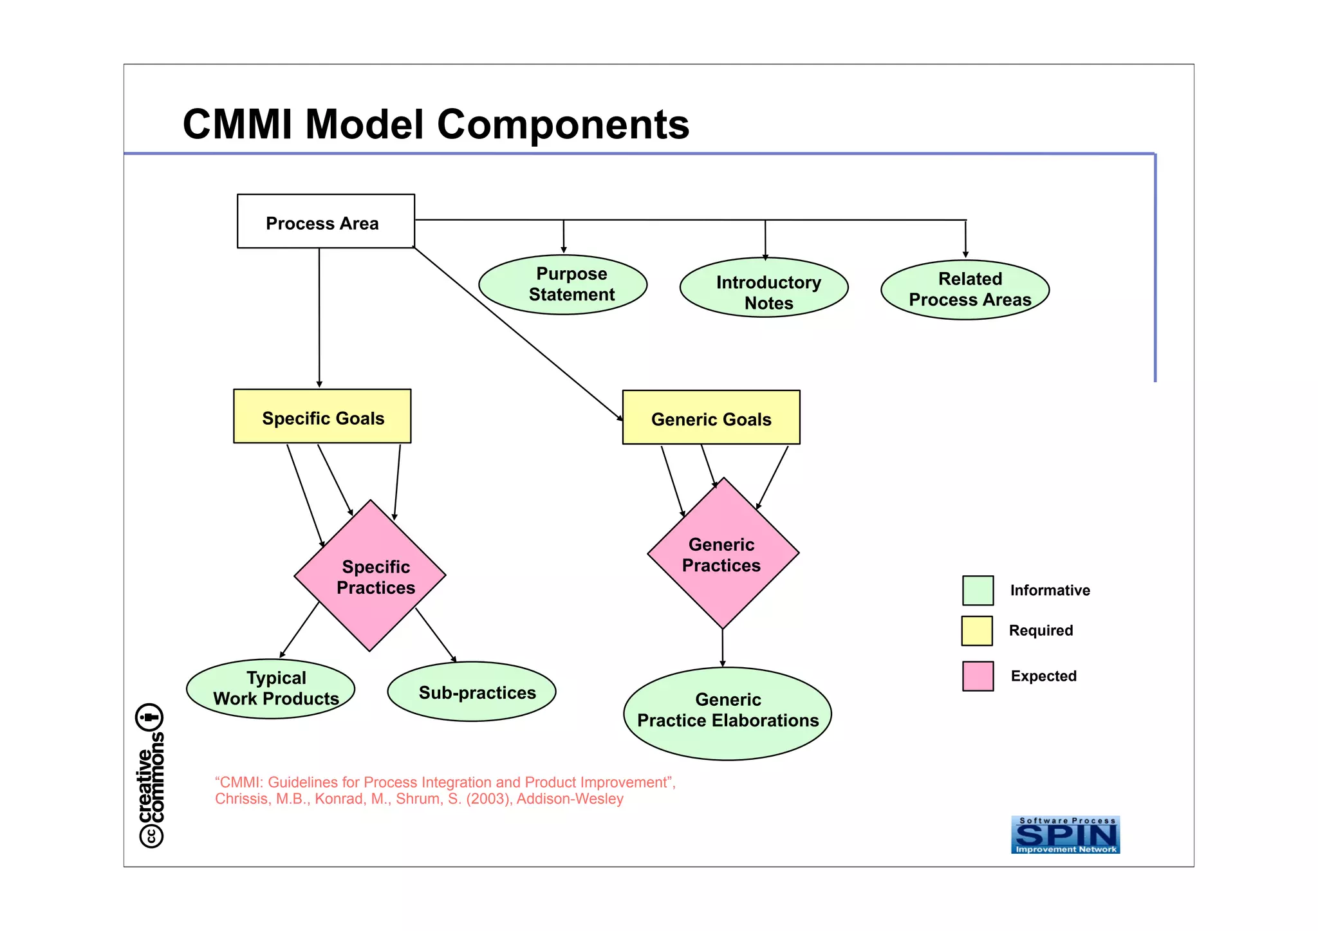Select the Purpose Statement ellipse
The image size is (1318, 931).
click(x=562, y=284)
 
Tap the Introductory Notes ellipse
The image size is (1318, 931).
click(x=764, y=288)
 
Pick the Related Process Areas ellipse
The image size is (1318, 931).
click(x=965, y=290)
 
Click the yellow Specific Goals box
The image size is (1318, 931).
click(x=322, y=416)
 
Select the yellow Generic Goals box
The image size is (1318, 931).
click(x=711, y=418)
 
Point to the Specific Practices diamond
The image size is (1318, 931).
click(x=370, y=576)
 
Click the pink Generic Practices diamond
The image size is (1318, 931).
click(x=723, y=553)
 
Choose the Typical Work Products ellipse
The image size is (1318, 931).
click(x=270, y=688)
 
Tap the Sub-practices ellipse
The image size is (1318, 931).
click(x=472, y=692)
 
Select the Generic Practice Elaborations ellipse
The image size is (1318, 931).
click(x=727, y=714)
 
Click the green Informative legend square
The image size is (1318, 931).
click(x=978, y=591)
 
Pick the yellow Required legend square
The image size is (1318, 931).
click(x=977, y=631)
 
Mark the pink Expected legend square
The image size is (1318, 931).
click(x=978, y=676)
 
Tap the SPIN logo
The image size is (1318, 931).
click(x=1065, y=835)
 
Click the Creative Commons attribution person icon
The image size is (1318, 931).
click(x=150, y=717)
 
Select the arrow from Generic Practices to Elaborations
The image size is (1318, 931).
click(x=722, y=649)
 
